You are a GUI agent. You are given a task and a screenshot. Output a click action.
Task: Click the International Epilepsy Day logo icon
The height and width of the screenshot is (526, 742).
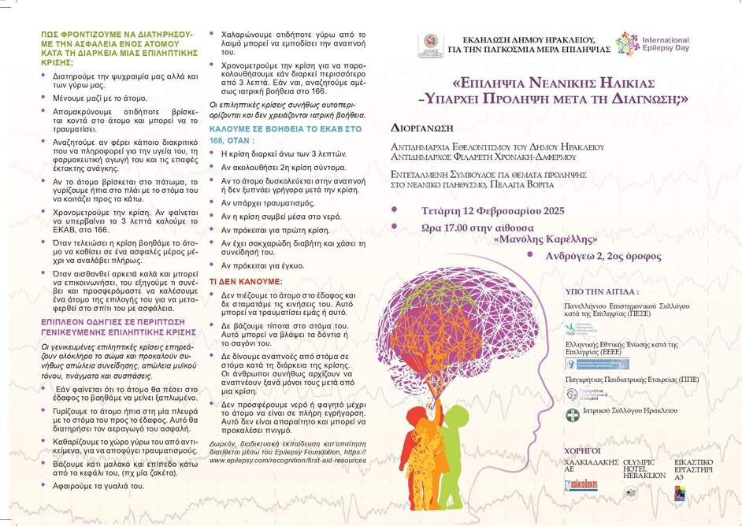tap(628, 43)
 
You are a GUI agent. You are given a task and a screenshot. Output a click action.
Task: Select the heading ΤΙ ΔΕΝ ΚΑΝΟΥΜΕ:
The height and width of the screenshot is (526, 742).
tap(245, 280)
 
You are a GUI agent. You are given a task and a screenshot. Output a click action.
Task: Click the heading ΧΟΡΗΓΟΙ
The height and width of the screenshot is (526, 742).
tap(583, 450)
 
